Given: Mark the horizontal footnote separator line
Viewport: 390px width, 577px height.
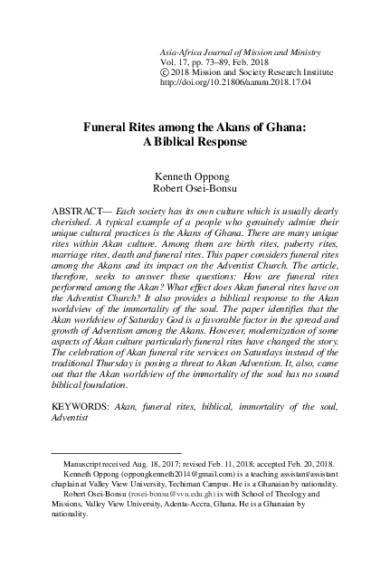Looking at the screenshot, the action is tap(116, 477).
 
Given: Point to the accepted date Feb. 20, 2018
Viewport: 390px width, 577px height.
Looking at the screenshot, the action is tap(319, 487).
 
